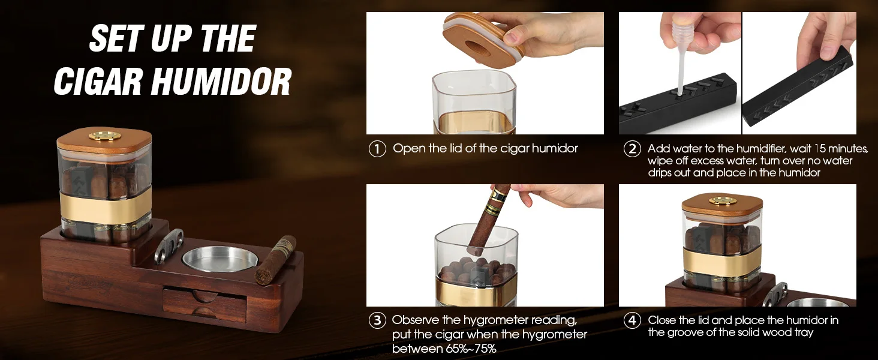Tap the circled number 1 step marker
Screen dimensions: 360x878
377,149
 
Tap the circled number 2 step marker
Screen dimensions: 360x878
632,149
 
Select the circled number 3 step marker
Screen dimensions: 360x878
377,320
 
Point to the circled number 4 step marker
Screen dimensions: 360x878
632,320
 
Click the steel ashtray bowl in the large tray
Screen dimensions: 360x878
220,258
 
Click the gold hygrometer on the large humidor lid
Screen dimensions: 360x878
104,136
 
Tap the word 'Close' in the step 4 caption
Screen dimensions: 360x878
664,320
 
